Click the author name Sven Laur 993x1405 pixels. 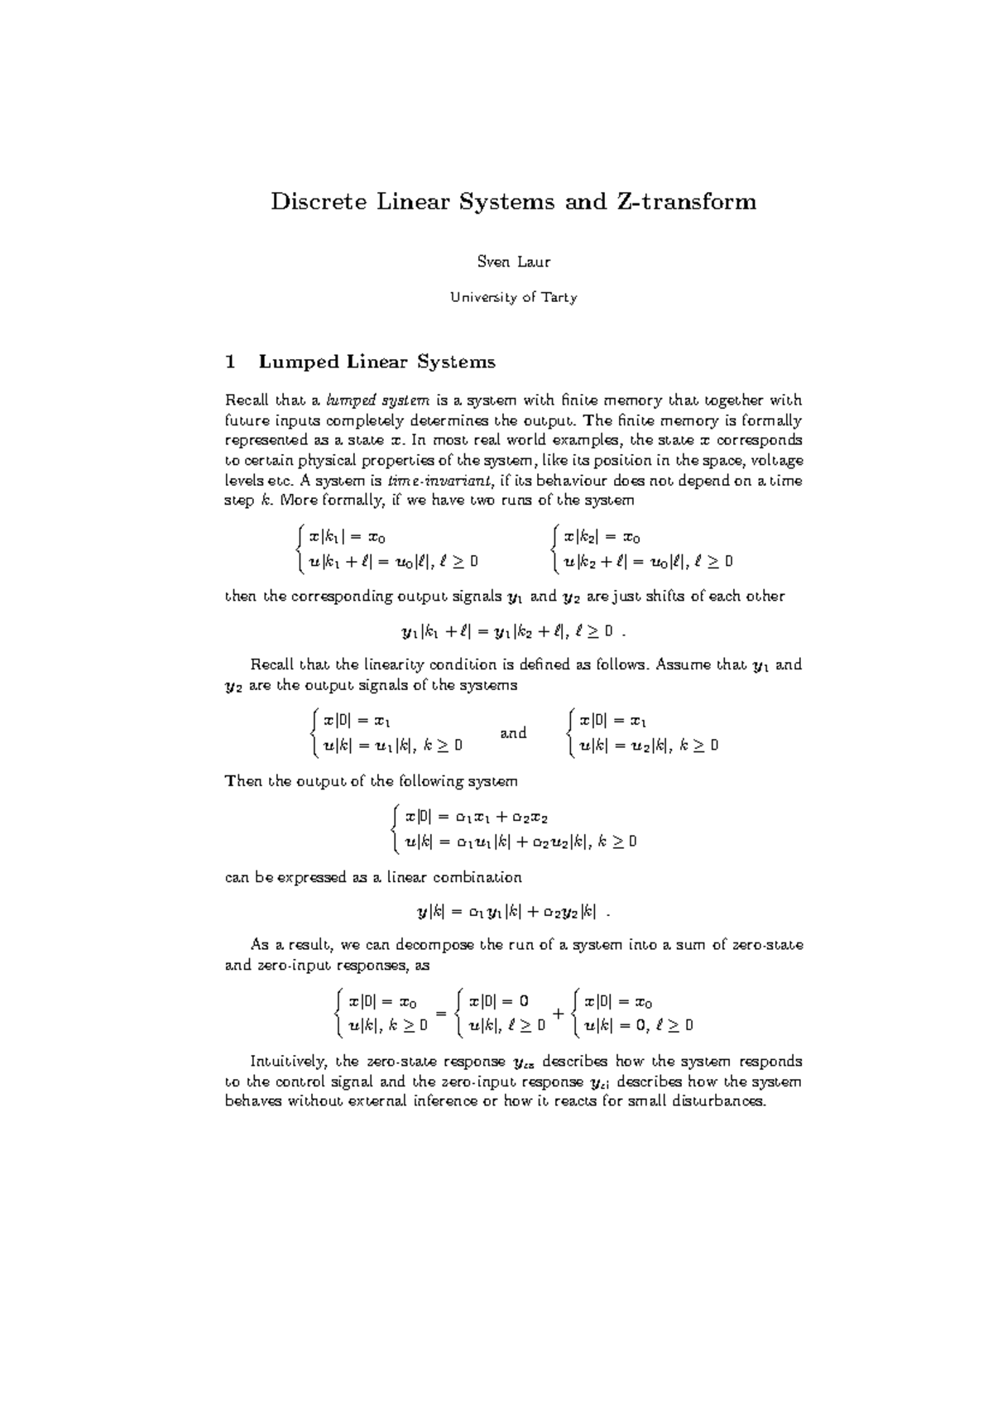514,262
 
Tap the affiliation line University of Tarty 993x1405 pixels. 514,298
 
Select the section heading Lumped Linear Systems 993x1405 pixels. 377,362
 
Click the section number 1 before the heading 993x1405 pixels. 231,362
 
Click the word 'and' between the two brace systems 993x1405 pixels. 514,733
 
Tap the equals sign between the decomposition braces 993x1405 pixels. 441,1014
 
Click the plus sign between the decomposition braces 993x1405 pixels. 559,1014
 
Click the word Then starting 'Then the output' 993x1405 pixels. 243,781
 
